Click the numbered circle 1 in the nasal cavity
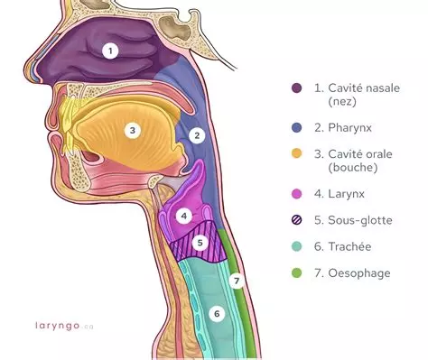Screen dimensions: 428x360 pos(109,51)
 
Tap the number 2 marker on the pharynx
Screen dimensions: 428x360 pos(195,136)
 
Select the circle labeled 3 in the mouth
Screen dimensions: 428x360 pos(132,130)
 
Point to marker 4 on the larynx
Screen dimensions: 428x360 pos(183,217)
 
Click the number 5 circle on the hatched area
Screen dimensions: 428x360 pos(201,243)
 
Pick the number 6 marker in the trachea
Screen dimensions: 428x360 pos(215,314)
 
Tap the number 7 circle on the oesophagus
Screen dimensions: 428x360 pos(237,281)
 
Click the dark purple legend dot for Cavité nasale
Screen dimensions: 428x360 pos(296,88)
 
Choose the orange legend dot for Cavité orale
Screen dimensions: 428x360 pos(296,154)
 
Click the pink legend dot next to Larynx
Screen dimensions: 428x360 pos(296,193)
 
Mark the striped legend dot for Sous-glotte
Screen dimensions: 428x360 pos(296,219)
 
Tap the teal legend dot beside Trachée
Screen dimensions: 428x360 pos(296,246)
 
